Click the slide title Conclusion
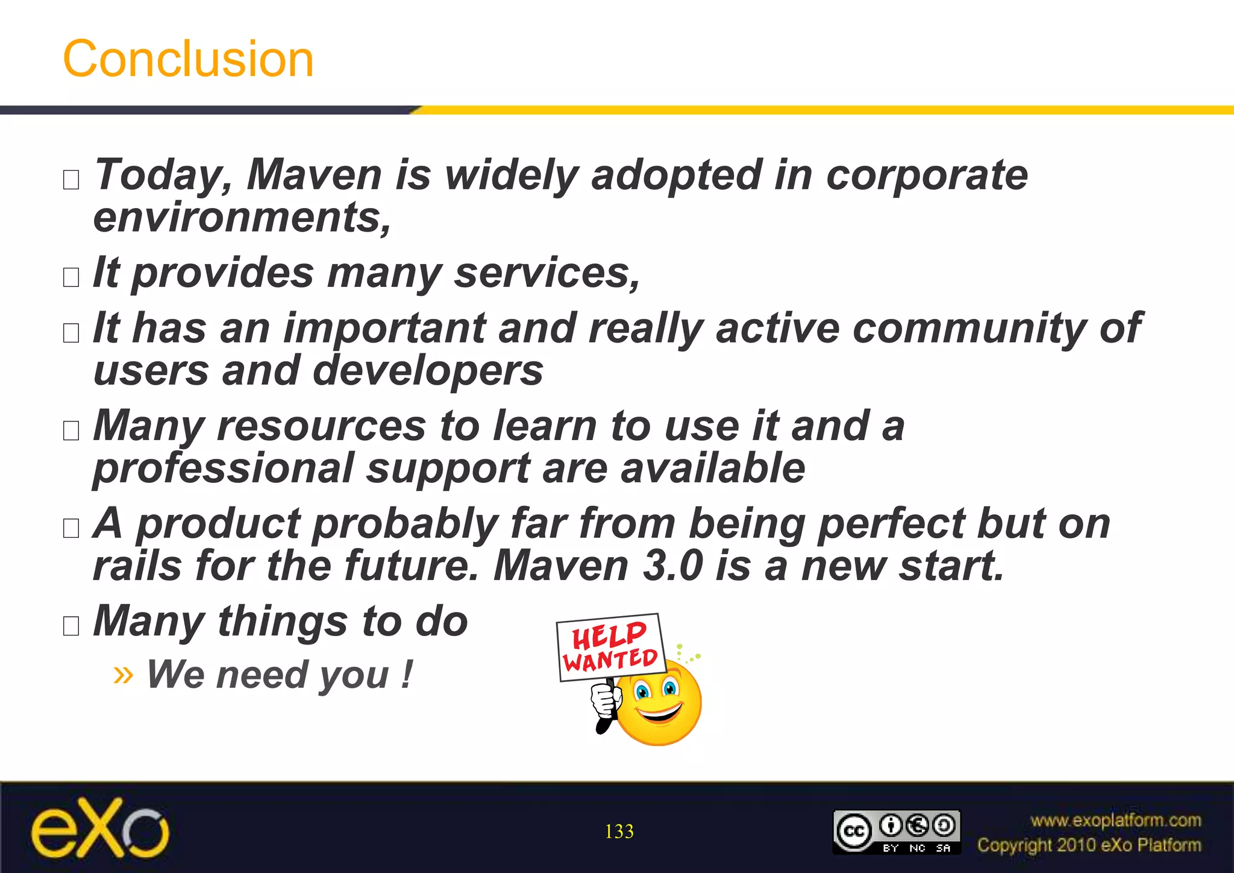tap(188, 59)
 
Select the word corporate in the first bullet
tap(927, 175)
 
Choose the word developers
tap(428, 370)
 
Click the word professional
tap(224, 468)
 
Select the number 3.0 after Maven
tap(672, 566)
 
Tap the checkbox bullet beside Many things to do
tap(71, 626)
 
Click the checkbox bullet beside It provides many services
tap(71, 277)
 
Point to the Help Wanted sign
tap(610, 648)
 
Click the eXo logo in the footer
tap(100, 828)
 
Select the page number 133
tap(619, 831)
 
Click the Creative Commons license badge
tap(896, 832)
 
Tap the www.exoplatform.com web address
tap(1115, 821)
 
